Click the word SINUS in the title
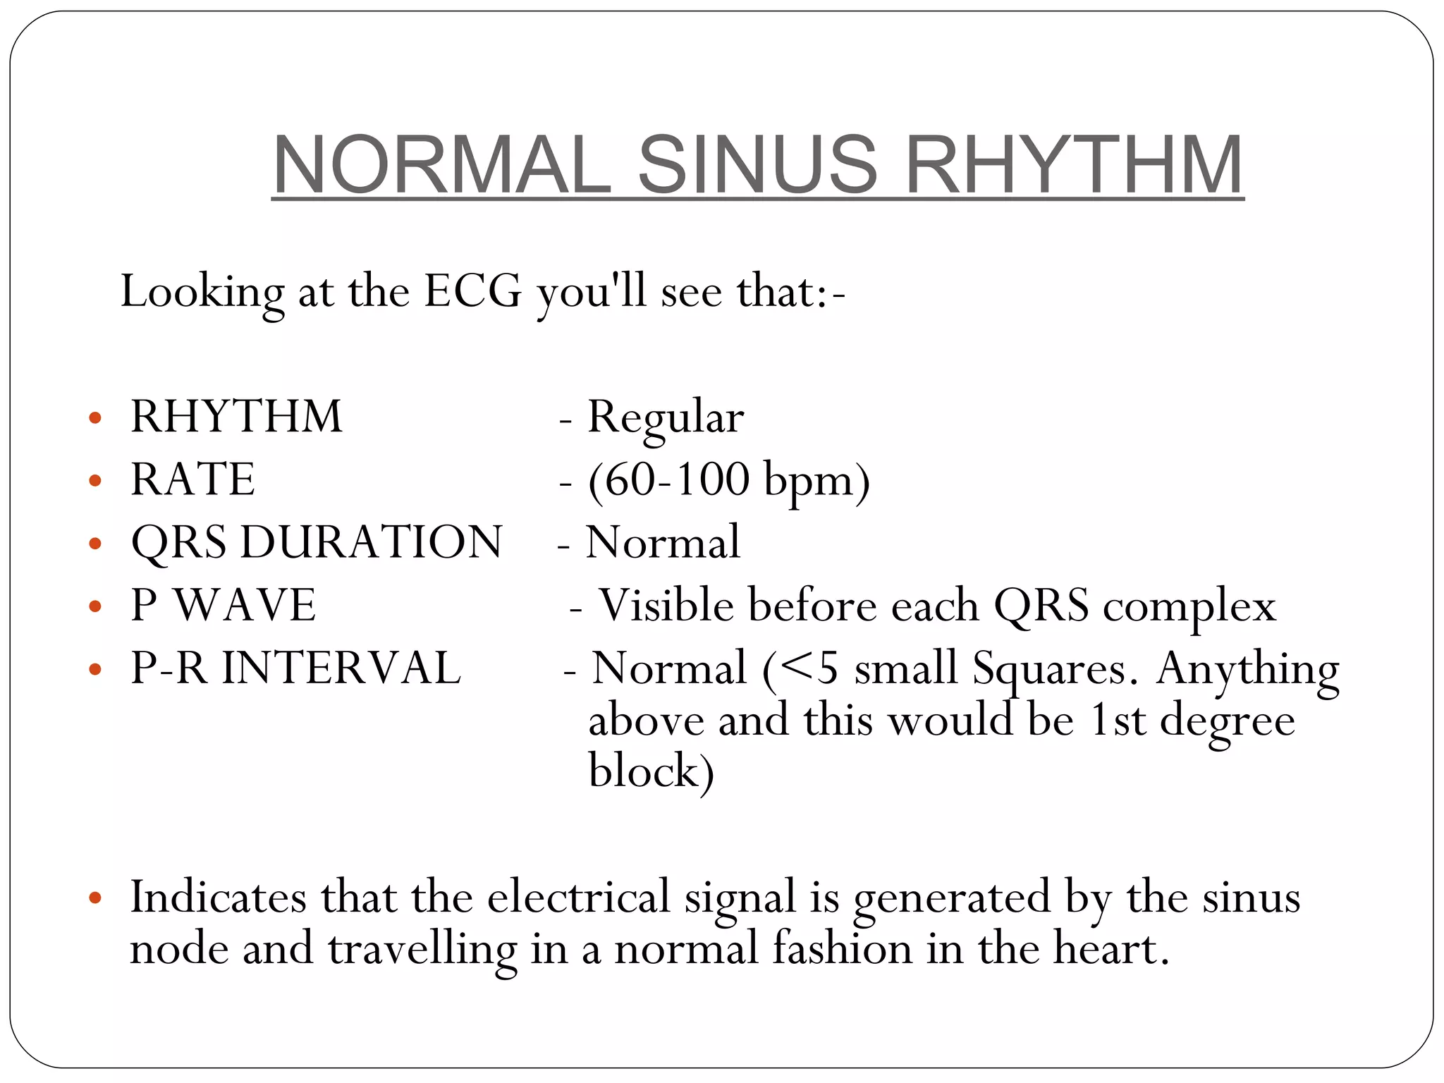click(x=758, y=165)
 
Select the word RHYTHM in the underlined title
click(x=1073, y=165)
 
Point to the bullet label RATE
click(x=192, y=479)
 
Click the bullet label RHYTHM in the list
click(x=236, y=417)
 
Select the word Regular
click(x=666, y=418)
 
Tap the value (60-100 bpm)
click(x=729, y=481)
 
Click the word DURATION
click(x=372, y=542)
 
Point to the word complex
click(x=1189, y=607)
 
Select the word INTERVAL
click(x=341, y=668)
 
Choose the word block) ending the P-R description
click(x=651, y=771)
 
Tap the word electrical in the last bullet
click(x=578, y=898)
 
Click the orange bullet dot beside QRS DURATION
click(x=95, y=544)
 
